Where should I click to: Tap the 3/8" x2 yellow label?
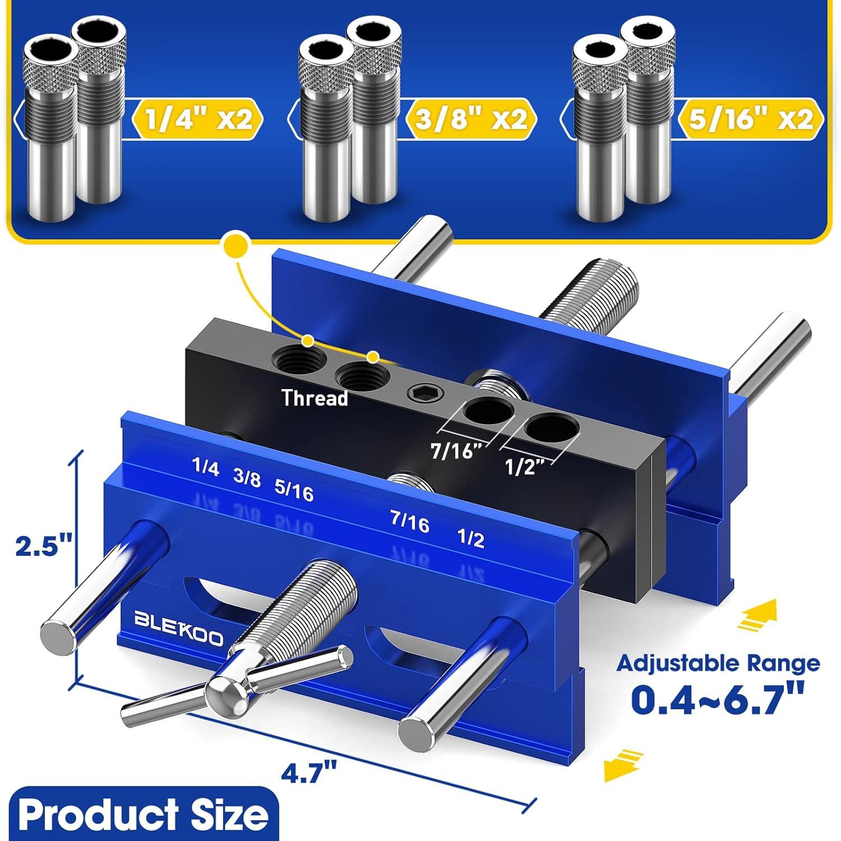[x=471, y=119]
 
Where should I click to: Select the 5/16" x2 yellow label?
[x=750, y=119]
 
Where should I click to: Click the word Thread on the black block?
[x=315, y=398]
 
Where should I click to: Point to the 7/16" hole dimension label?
[x=457, y=450]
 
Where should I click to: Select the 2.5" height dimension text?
[x=44, y=546]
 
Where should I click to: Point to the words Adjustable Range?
[x=718, y=663]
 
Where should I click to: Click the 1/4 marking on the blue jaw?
[x=205, y=466]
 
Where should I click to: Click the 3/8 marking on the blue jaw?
[x=247, y=478]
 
